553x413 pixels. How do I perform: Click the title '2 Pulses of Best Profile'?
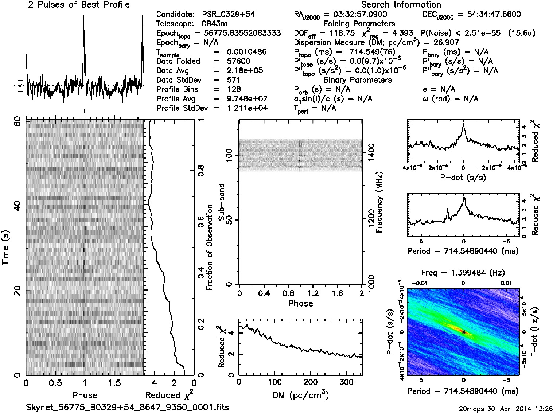pyautogui.click(x=79, y=5)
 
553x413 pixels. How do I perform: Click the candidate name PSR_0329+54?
pyautogui.click(x=229, y=14)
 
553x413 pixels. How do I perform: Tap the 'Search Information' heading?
pyautogui.click(x=401, y=5)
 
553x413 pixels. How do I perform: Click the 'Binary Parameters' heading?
pyautogui.click(x=358, y=80)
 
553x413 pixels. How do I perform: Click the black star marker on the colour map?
pyautogui.click(x=463, y=332)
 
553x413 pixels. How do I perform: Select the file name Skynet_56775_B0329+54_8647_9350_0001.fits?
pyautogui.click(x=128, y=407)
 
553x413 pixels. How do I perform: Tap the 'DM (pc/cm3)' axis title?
pyautogui.click(x=300, y=395)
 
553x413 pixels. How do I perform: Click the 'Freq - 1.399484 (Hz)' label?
pyautogui.click(x=463, y=273)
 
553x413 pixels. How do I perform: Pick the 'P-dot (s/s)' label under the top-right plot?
pyautogui.click(x=463, y=178)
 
